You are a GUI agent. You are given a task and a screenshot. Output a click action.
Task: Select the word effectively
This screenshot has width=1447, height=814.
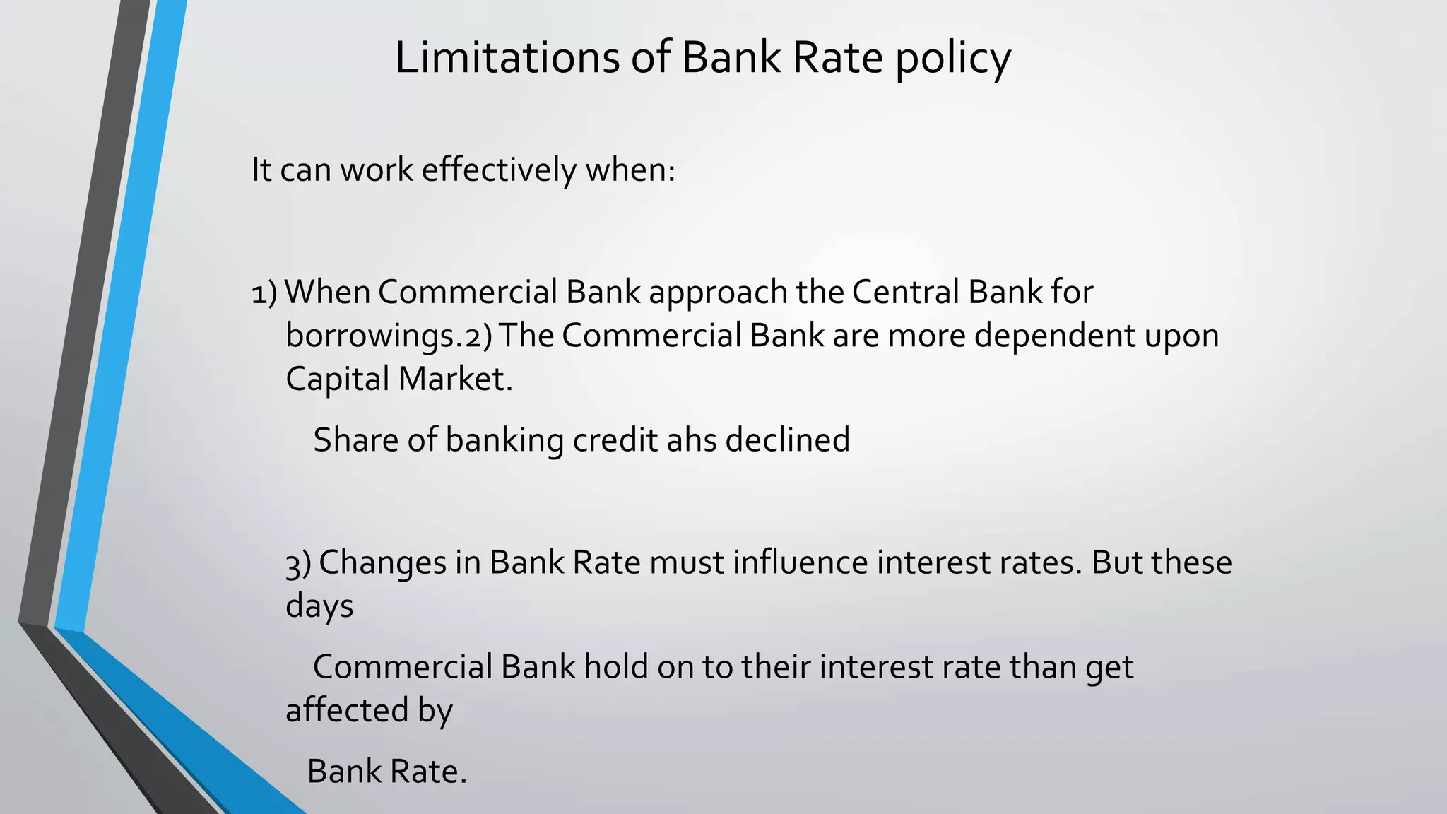499,170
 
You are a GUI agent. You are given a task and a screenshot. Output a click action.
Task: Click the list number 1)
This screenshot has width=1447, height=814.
264,293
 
